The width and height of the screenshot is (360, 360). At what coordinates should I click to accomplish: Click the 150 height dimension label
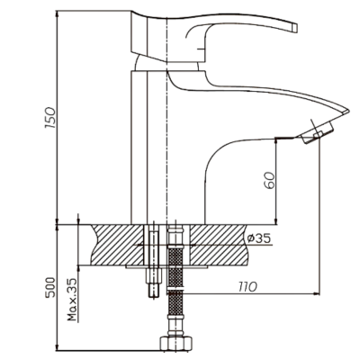tap(50, 117)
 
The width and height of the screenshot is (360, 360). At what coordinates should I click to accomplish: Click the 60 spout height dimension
tap(269, 180)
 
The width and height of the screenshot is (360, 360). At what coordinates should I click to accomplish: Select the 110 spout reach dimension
tap(247, 287)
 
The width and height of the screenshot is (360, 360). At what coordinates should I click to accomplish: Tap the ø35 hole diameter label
tap(259, 238)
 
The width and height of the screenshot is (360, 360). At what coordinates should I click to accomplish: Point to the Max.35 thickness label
tap(72, 300)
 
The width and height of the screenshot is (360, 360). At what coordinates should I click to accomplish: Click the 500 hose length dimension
tap(50, 287)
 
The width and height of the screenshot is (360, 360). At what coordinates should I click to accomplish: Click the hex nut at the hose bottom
tap(175, 344)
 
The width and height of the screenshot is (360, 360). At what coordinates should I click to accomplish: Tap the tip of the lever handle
tap(294, 28)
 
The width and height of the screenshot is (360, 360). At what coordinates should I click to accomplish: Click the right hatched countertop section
tap(219, 245)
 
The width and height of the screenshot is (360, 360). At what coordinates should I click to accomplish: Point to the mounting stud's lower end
tap(154, 296)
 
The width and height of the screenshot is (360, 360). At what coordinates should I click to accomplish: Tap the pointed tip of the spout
tap(348, 111)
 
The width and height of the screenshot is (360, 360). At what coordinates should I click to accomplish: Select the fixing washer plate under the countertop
tap(166, 266)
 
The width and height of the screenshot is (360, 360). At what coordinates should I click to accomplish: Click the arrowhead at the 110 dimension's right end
tap(316, 292)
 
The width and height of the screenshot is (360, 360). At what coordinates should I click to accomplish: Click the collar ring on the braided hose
tap(175, 290)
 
